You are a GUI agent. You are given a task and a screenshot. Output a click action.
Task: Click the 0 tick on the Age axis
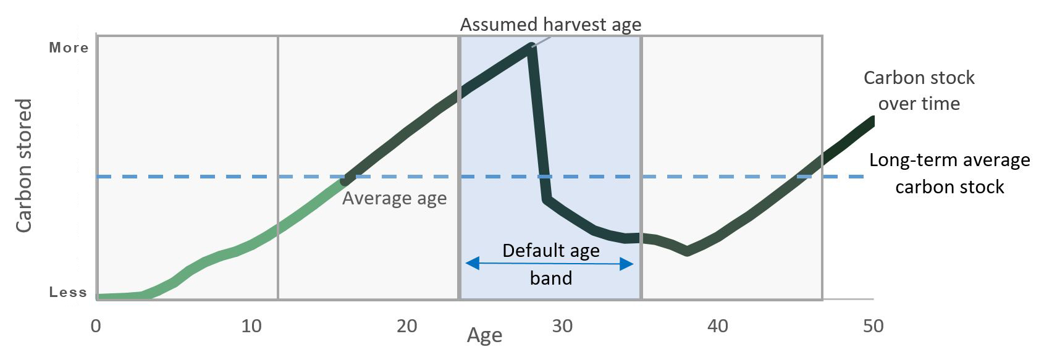pyautogui.click(x=96, y=326)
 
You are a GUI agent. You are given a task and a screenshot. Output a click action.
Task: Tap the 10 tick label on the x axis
pyautogui.click(x=251, y=326)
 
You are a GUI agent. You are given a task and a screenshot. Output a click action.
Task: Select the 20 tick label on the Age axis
pyautogui.click(x=407, y=326)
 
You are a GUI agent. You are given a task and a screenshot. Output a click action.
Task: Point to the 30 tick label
pyautogui.click(x=562, y=326)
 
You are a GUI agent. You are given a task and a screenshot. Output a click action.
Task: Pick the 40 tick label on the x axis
pyautogui.click(x=718, y=326)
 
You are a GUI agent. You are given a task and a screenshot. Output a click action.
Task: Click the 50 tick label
pyautogui.click(x=873, y=326)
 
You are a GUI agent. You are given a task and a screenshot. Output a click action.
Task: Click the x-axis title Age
pyautogui.click(x=485, y=336)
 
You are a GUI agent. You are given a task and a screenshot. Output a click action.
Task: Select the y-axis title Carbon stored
pyautogui.click(x=23, y=165)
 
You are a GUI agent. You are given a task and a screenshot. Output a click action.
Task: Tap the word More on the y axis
pyautogui.click(x=69, y=48)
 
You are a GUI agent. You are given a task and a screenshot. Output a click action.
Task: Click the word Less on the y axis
pyautogui.click(x=68, y=292)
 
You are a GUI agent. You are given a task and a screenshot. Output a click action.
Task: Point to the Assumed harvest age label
pyautogui.click(x=551, y=25)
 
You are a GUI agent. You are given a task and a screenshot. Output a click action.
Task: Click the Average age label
pyautogui.click(x=395, y=199)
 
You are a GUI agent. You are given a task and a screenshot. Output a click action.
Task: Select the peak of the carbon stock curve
pyautogui.click(x=531, y=46)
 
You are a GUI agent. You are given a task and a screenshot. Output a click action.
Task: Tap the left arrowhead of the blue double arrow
pyautogui.click(x=472, y=264)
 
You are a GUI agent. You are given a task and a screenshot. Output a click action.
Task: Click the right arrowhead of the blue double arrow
pyautogui.click(x=627, y=264)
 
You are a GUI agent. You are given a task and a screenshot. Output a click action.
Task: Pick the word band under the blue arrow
pyautogui.click(x=551, y=278)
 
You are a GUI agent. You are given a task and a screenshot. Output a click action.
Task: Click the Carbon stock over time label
pyautogui.click(x=919, y=90)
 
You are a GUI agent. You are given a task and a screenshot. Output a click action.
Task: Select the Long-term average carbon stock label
pyautogui.click(x=950, y=174)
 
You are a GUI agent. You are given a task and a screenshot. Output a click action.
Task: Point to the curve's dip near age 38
pyautogui.click(x=687, y=251)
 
